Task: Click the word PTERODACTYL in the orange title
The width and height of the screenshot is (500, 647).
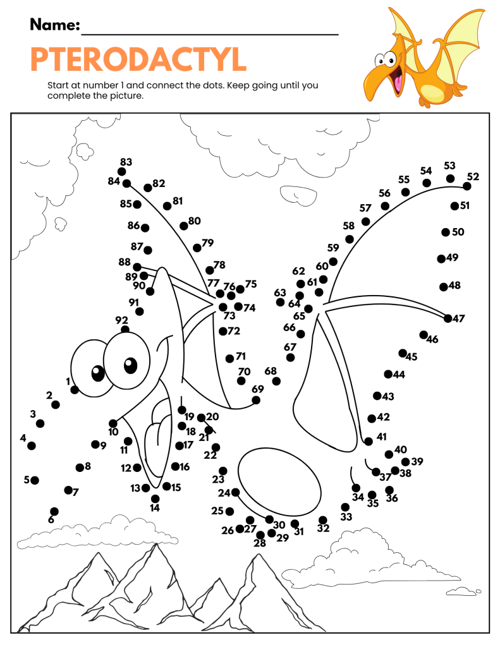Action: tap(138, 59)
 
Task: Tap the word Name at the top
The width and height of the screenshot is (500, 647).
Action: tap(54, 25)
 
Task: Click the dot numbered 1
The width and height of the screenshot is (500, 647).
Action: tap(75, 390)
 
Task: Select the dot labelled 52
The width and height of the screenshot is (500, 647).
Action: tap(467, 186)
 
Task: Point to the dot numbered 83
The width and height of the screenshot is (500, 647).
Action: tap(121, 172)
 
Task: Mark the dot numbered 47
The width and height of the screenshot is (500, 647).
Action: tap(448, 318)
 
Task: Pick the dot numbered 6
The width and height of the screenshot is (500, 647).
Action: tap(54, 511)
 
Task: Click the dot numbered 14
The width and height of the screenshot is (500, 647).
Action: tap(155, 499)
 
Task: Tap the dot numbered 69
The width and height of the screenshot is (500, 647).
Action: tap(256, 400)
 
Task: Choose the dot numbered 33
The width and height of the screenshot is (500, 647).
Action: tap(345, 507)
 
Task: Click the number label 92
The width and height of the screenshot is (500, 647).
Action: tap(121, 320)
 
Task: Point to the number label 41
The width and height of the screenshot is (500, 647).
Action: tap(381, 436)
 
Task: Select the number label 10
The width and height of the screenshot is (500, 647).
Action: tap(113, 432)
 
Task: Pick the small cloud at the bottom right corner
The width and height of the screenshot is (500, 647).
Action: tap(461, 591)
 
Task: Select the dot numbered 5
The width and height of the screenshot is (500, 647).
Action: tap(35, 480)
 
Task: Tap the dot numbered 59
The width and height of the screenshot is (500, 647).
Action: tap(333, 262)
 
